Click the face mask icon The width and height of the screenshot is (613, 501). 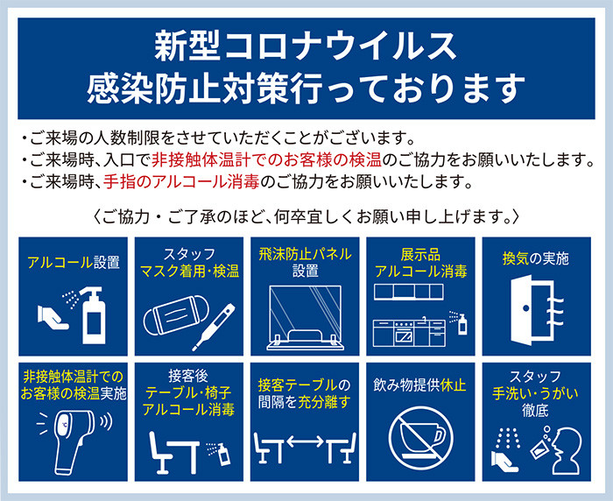click(176, 315)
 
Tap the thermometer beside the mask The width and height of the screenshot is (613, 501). click(214, 327)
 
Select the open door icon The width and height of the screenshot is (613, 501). click(537, 310)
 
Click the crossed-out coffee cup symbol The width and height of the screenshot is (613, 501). click(421, 438)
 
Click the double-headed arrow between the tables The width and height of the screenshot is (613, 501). click(305, 442)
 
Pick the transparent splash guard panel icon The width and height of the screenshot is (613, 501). click(305, 317)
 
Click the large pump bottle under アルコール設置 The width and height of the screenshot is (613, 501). click(94, 315)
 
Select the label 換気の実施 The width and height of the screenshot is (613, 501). click(536, 258)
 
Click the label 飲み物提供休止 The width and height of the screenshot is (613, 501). click(419, 385)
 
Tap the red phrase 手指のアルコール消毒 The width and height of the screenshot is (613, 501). click(181, 181)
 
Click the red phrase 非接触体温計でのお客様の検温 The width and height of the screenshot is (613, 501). click(266, 159)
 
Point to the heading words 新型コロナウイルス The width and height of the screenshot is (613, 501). click(306, 46)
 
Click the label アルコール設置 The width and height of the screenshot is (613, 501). click(74, 262)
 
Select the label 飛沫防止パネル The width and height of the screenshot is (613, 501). click(305, 254)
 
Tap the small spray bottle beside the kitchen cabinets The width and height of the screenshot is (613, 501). click(462, 324)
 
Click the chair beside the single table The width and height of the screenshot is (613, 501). click(160, 453)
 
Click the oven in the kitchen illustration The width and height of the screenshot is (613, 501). click(404, 334)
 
